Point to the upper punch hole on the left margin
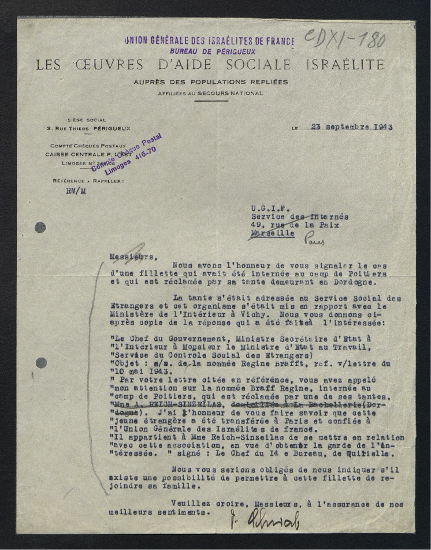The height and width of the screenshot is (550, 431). [x=40, y=227]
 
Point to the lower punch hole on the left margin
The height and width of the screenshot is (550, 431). [x=41, y=363]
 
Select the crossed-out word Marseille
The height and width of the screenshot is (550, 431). [x=271, y=234]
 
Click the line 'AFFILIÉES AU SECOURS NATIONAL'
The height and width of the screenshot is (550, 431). [x=210, y=93]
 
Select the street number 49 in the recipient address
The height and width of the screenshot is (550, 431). [x=256, y=225]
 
